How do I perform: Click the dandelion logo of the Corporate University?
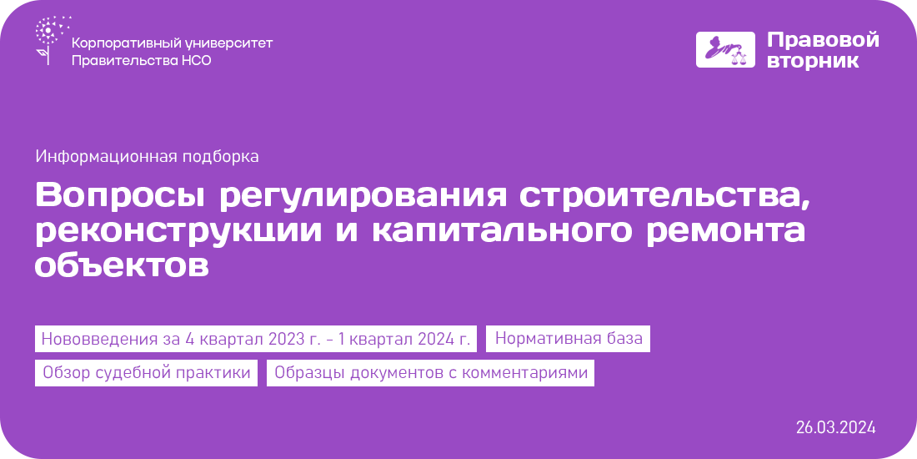[53, 40]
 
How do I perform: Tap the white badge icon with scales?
[725, 50]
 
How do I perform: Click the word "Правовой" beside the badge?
[823, 40]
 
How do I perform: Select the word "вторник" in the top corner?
[813, 61]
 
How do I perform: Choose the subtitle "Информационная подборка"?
[147, 157]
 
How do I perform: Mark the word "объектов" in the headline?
[122, 265]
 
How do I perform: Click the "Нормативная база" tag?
[569, 338]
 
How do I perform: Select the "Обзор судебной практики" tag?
[146, 373]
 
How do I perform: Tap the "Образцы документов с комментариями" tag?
[430, 373]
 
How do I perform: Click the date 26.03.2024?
[835, 427]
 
